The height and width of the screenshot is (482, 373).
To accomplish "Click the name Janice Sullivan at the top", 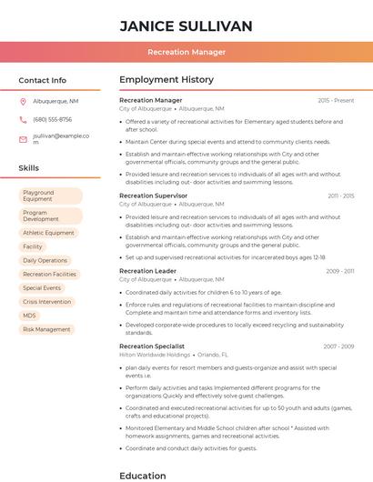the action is [186, 25].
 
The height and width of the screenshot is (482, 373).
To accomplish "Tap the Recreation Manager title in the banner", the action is [186, 52].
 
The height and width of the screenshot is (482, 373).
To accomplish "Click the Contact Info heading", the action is [43, 80].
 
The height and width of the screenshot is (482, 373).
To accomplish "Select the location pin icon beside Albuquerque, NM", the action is [23, 102].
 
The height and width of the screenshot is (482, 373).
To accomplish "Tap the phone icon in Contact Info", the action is [23, 119].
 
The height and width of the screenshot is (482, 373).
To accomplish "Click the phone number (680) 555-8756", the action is [52, 119].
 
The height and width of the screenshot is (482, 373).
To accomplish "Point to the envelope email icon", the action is [23, 138].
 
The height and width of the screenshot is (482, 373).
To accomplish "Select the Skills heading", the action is [29, 168].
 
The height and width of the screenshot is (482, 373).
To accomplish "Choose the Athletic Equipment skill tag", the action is [48, 233].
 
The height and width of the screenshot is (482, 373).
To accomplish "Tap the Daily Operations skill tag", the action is [45, 260].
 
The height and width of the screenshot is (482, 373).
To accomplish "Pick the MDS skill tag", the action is [30, 315].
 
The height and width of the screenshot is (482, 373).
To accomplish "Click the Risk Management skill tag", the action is [46, 329].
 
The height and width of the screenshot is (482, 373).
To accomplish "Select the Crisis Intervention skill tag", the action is [46, 301].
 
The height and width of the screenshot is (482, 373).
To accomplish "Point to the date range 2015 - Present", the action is [336, 100].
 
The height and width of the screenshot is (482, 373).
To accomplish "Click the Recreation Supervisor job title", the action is [153, 196].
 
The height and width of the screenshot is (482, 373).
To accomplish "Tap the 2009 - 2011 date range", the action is [340, 271].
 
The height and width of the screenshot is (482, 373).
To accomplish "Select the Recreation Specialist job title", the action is [152, 346].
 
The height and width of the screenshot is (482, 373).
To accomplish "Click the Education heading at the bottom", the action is [143, 475].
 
